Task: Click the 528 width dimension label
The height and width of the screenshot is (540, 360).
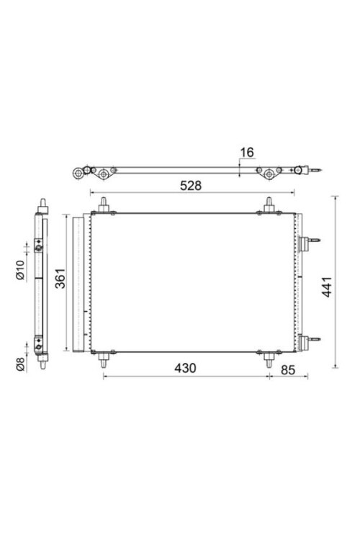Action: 190,185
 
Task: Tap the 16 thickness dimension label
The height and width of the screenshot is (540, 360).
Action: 247,152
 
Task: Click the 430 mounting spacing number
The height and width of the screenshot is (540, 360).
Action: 185,368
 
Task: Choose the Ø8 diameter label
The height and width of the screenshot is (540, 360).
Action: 21,364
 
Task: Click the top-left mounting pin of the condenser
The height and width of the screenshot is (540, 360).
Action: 104,205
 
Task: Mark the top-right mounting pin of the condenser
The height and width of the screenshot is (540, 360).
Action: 269,205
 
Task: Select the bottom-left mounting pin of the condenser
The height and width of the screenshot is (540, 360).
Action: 104,358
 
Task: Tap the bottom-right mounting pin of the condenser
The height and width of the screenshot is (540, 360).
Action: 269,358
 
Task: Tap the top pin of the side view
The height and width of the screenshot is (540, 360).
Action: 42,201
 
